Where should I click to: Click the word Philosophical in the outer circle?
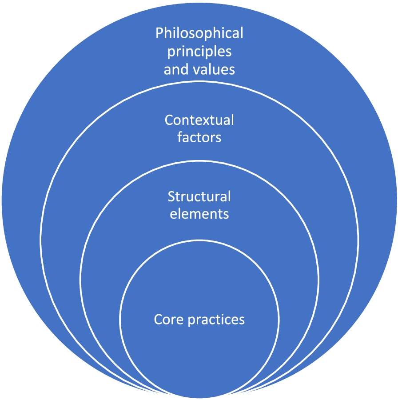point(199,33)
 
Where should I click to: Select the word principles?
point(199,52)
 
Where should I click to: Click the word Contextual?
point(199,120)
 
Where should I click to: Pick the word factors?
point(199,137)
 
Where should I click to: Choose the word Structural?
point(199,196)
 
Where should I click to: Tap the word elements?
point(199,214)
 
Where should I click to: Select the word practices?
point(216,320)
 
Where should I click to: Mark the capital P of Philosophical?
point(159,33)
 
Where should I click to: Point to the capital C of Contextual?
point(168,120)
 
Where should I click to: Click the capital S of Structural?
point(171,196)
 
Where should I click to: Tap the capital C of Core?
point(158,320)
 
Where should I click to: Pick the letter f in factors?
point(179,137)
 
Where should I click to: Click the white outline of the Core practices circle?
point(199,242)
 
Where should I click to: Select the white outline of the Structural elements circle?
point(199,162)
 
